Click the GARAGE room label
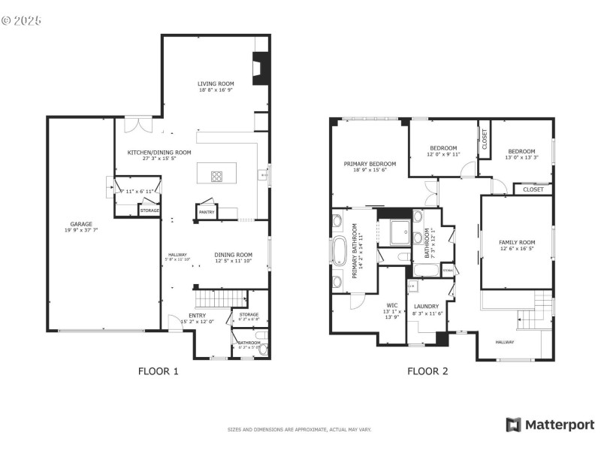coord(81,224)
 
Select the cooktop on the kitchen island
coord(216,177)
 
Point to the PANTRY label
coord(206,213)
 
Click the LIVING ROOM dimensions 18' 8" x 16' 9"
coord(216,91)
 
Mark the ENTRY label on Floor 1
coord(197,315)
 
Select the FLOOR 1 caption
coord(159,371)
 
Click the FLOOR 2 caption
coord(427,371)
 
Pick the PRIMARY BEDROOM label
coord(370,164)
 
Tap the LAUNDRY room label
coord(425,306)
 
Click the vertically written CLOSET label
coord(484,140)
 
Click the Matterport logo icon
coord(514,425)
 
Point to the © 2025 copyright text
coord(22,20)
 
